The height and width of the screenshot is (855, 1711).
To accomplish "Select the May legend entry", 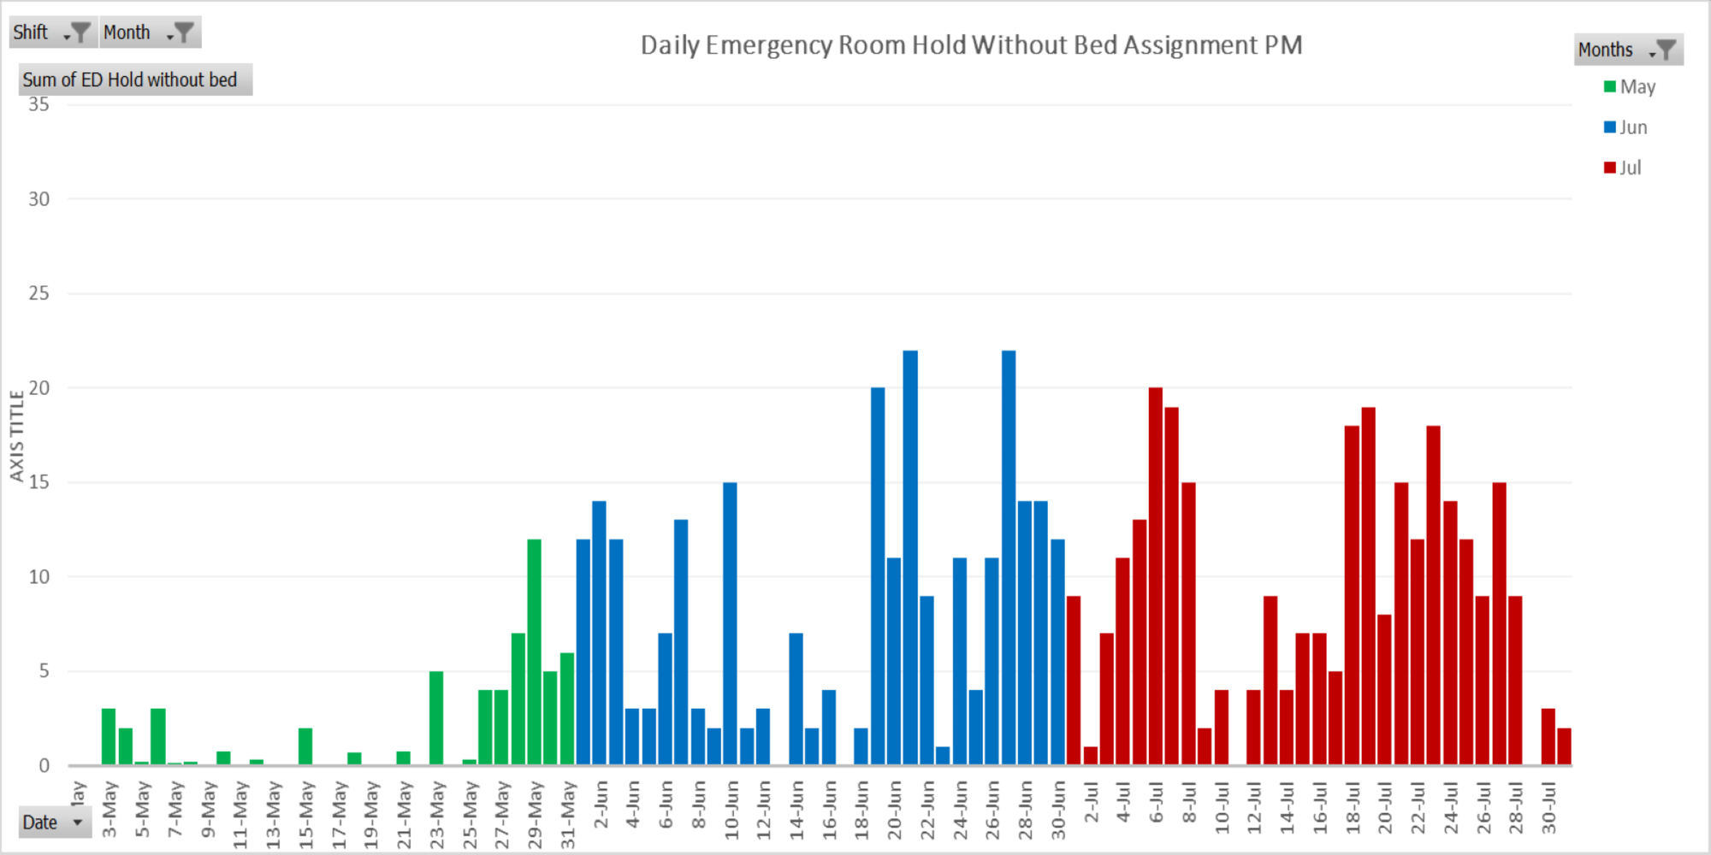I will point(1630,87).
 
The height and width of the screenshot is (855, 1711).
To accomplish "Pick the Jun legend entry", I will point(1625,127).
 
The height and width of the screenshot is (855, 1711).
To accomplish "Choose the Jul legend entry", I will point(1623,168).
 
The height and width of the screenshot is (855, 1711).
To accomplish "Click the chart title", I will point(971,44).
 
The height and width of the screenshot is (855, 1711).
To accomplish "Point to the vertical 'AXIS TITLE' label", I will point(16,436).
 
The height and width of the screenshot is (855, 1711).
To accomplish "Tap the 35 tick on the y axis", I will point(38,104).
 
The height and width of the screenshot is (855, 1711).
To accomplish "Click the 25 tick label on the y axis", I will point(38,293).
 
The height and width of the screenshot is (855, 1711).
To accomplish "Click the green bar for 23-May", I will point(436,718).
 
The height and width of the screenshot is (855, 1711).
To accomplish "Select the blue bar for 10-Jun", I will point(730,624).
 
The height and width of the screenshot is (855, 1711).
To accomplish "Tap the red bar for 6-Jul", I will point(1156,576).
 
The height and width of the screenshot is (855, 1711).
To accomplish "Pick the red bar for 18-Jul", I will point(1352,595).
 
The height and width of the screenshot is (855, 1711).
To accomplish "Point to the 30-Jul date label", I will point(1548,808).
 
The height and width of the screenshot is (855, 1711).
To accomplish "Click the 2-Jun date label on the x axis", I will point(601,805).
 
